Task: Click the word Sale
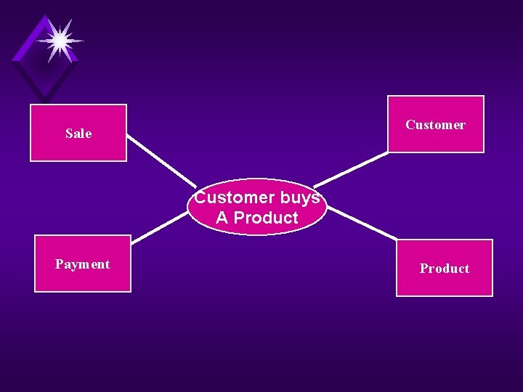[x=78, y=134]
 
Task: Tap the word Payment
[x=83, y=264]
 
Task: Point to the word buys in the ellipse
[x=299, y=197]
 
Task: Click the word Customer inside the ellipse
[x=234, y=197]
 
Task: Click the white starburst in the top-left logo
[x=59, y=41]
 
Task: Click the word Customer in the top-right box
[x=435, y=125]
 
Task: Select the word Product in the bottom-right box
[x=444, y=269]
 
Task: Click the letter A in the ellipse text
[x=222, y=218]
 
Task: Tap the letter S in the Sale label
[x=69, y=134]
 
